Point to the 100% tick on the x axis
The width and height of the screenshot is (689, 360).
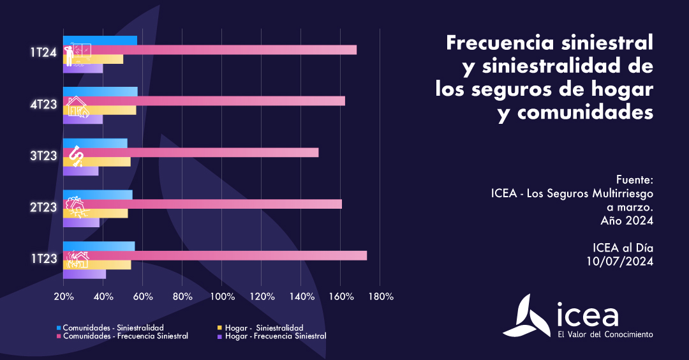click(222, 297)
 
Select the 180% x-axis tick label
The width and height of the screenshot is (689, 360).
click(381, 297)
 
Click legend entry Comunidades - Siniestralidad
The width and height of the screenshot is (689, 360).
click(112, 327)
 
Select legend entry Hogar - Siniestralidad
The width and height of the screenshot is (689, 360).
click(264, 327)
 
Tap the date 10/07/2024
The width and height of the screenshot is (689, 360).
click(620, 260)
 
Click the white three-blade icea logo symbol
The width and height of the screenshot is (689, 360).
click(528, 317)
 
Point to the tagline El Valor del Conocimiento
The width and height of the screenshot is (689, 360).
click(605, 334)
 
